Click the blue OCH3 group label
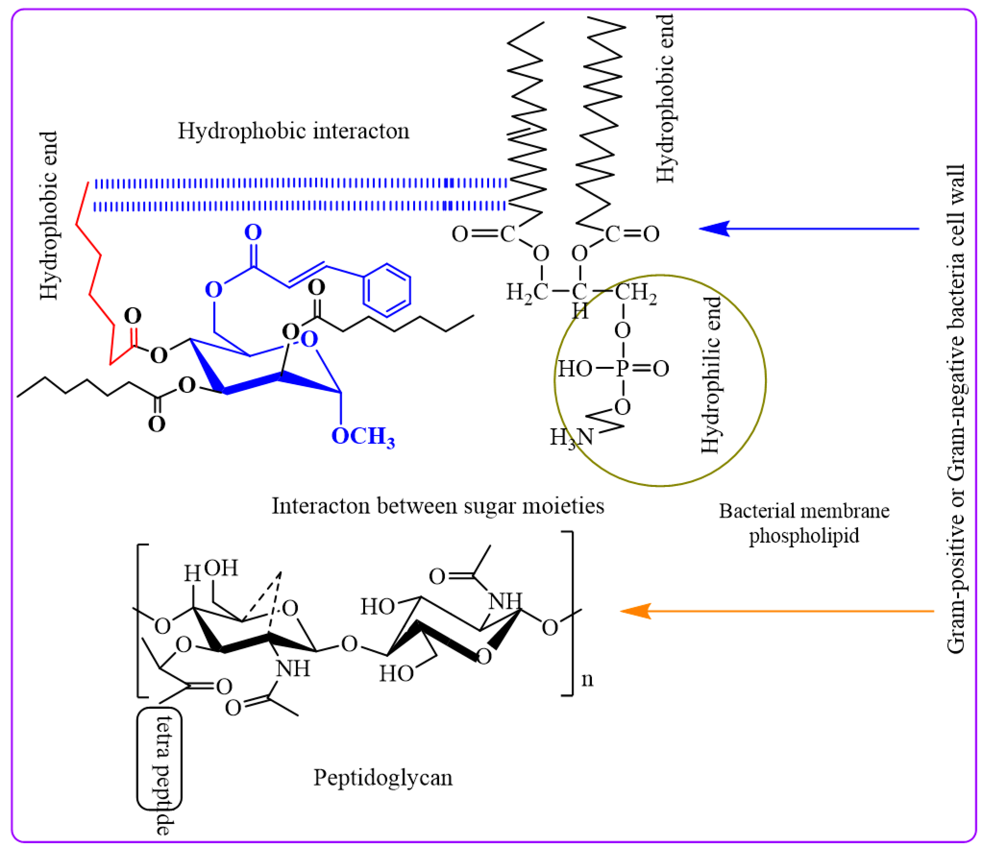363,436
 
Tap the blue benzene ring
387,290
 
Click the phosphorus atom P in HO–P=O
622,368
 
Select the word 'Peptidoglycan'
383,778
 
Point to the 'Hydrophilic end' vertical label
711,375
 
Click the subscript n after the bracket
588,679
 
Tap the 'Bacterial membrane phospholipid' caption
804,523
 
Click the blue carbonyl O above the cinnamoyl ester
253,232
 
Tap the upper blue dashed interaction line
299,183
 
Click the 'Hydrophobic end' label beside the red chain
49,216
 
